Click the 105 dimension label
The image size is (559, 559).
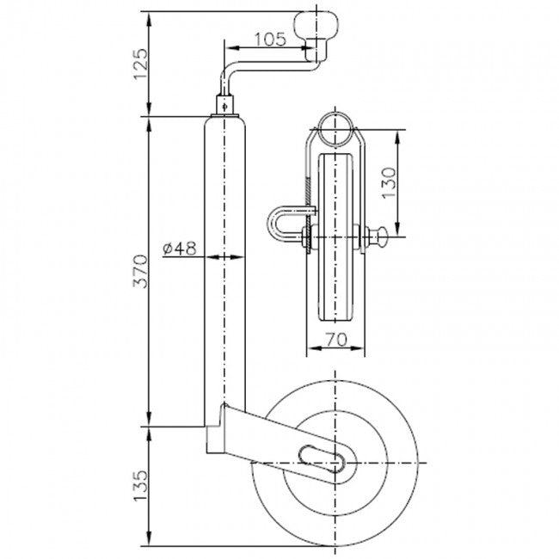click(270, 40)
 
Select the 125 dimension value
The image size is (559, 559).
click(140, 64)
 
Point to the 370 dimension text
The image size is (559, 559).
click(140, 271)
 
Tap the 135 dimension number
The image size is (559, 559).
click(140, 485)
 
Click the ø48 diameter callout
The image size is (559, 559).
click(180, 249)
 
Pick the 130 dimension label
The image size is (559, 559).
click(389, 182)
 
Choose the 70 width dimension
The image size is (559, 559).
click(336, 340)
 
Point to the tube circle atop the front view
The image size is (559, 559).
click(335, 129)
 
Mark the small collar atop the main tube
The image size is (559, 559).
click(225, 105)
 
